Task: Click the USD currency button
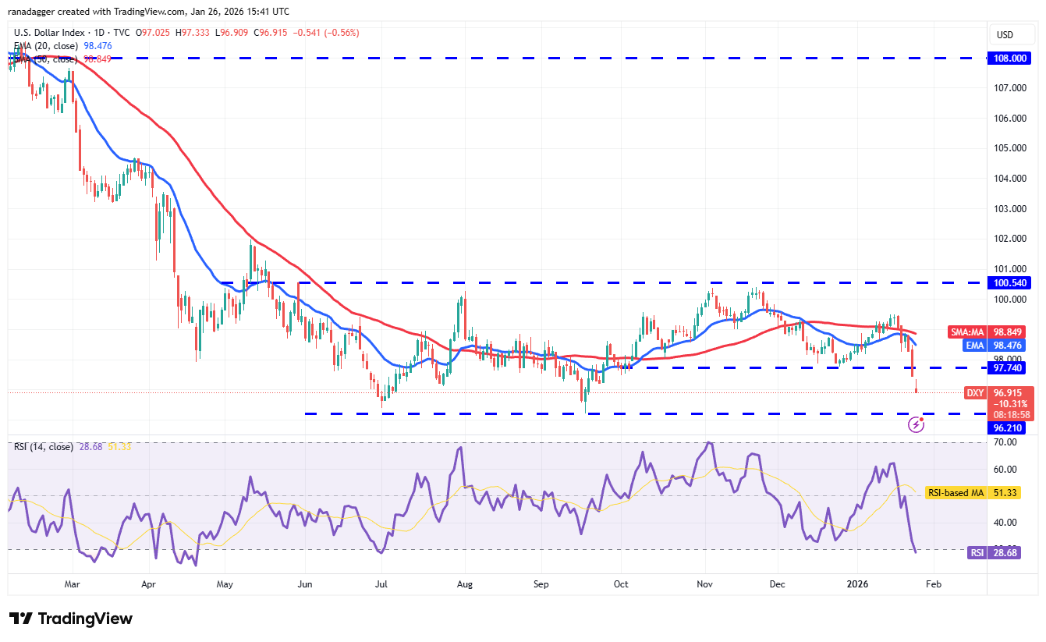click(1005, 35)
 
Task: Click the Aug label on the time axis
click(464, 583)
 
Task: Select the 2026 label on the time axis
click(857, 583)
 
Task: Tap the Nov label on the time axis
click(705, 583)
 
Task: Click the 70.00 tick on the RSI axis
click(1006, 442)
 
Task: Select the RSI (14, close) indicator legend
click(43, 447)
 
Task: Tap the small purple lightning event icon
click(917, 424)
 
